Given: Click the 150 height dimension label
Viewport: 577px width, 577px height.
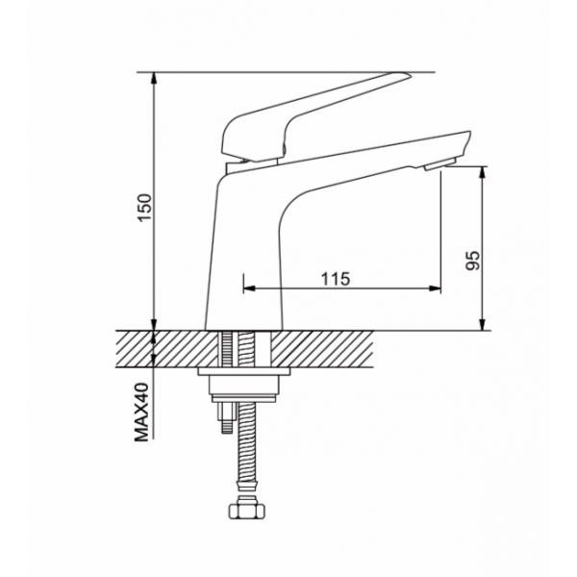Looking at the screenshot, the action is tap(145, 207).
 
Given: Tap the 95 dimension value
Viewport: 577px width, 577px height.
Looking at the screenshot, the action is tap(473, 261).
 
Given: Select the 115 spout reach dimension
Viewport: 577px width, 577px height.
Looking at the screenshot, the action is tap(336, 279).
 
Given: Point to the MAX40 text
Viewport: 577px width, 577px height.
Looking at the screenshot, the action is tap(142, 413).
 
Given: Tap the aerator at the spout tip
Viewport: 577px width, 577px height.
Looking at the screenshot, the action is tap(440, 164).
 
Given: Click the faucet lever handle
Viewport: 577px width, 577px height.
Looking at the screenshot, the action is tap(315, 116).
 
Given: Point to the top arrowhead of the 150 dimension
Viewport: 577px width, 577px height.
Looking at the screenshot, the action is tap(155, 78).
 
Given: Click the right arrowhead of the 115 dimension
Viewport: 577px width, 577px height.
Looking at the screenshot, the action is tap(435, 288).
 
